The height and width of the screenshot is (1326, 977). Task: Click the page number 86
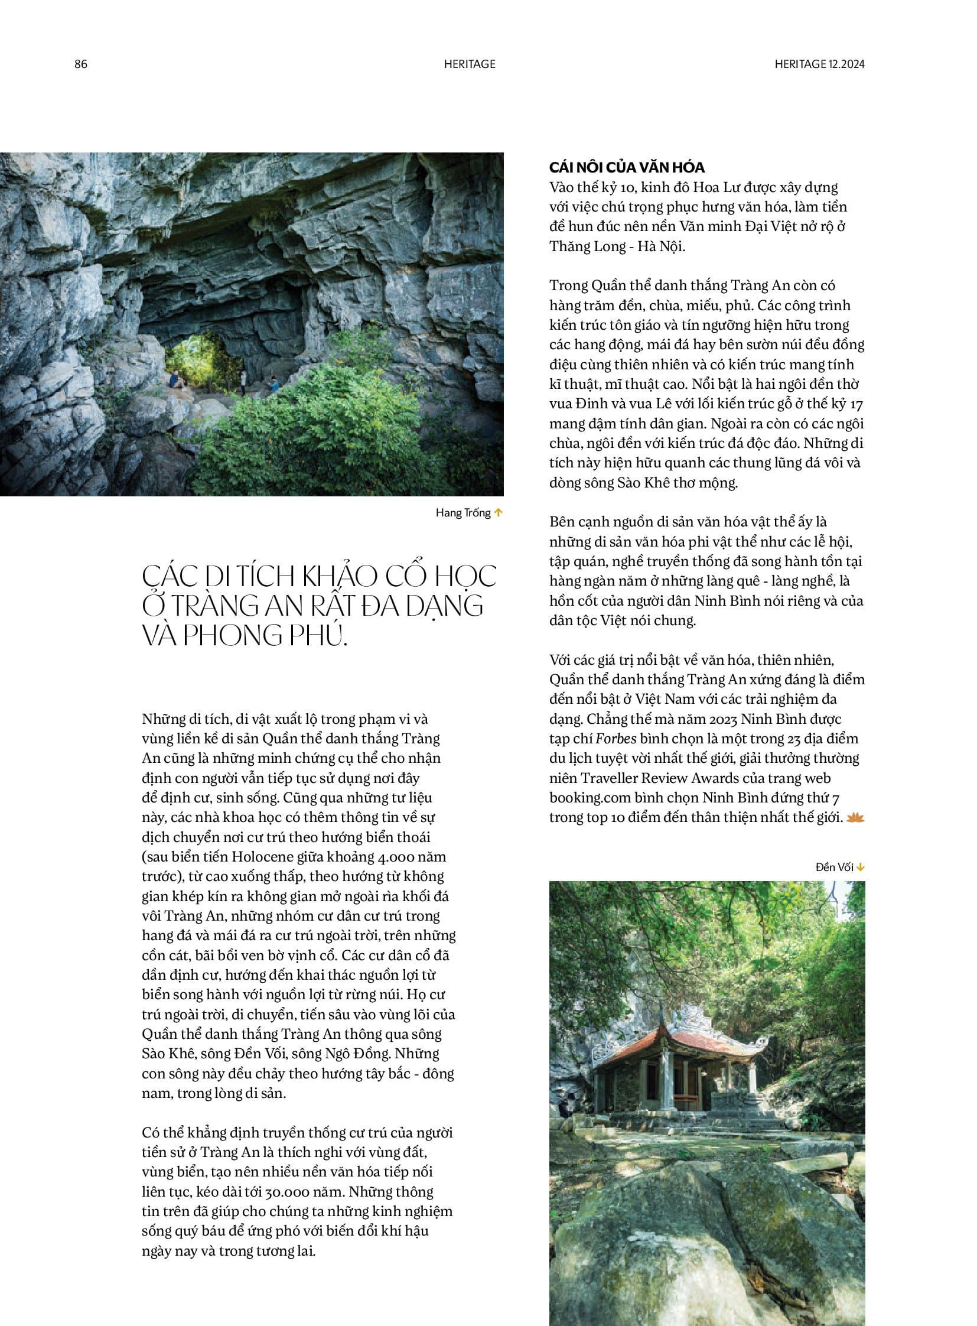point(80,64)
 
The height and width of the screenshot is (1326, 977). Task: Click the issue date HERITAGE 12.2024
point(819,64)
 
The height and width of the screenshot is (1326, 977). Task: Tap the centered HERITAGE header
point(470,64)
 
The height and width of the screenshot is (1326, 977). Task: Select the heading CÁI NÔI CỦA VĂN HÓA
point(627,167)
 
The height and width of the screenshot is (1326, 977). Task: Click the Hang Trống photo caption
point(463,512)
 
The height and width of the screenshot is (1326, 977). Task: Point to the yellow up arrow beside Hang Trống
point(499,512)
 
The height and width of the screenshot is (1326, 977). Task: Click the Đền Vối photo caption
point(834,867)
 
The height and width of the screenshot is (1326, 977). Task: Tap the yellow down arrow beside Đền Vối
point(861,867)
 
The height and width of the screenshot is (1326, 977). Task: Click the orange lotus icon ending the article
point(855,818)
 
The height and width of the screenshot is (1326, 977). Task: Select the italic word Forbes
point(615,739)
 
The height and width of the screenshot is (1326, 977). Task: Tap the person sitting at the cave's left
point(175,379)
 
